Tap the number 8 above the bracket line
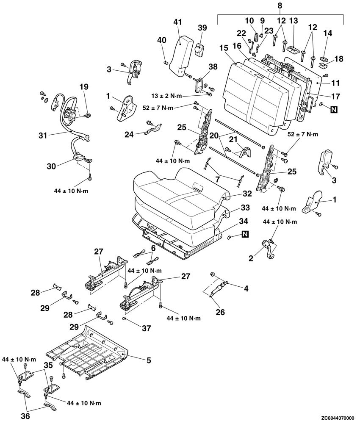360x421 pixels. point(279,6)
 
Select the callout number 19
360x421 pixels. point(84,87)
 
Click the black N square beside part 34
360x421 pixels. point(245,234)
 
